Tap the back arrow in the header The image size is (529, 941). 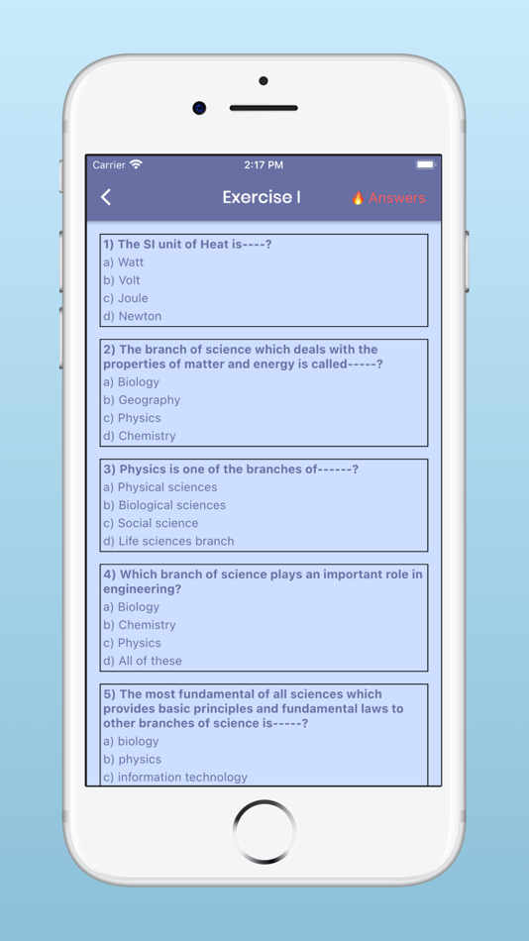tap(106, 197)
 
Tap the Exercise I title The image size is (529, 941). tap(262, 197)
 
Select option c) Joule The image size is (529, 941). tap(126, 298)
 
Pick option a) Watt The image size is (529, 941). tap(124, 262)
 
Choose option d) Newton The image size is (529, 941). tap(133, 316)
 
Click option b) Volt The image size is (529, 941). tap(122, 280)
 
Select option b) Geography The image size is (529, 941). tap(142, 400)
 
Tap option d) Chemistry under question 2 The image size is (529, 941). tap(140, 436)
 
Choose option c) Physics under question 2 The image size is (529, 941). tap(132, 418)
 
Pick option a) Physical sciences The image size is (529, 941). tap(160, 487)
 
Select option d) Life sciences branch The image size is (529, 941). tap(168, 541)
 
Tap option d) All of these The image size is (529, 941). tap(143, 661)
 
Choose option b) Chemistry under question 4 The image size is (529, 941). tap(140, 625)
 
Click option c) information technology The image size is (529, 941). tap(175, 778)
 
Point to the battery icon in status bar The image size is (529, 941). tap(425, 164)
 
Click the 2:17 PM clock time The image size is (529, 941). tap(264, 164)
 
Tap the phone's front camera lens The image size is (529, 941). tap(200, 108)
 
